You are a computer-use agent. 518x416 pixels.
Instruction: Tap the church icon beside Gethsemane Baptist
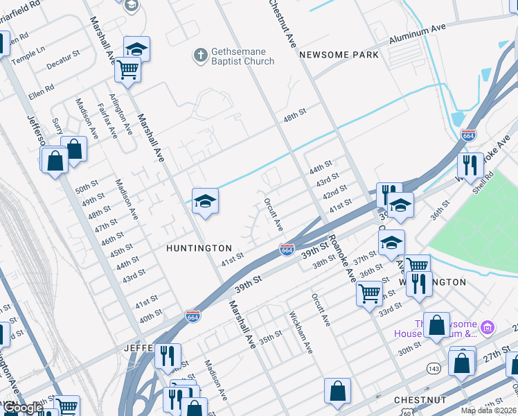coord(200,55)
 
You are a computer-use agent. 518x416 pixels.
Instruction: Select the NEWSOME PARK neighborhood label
coord(339,54)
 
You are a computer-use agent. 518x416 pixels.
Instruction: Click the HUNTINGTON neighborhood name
coord(199,248)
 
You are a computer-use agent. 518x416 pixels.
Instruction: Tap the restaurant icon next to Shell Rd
coord(470,165)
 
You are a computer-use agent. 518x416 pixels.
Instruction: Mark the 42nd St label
coord(335,191)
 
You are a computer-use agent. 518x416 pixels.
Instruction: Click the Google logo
coord(23,408)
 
